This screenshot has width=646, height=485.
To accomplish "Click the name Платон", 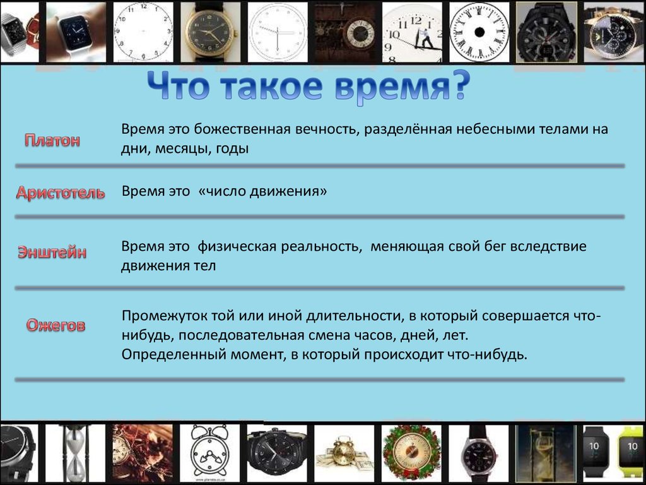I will (x=52, y=140).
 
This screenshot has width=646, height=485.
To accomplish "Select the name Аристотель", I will (x=61, y=193).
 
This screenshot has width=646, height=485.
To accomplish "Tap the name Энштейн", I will (x=52, y=253).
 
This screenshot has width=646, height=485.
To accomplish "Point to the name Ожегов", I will (x=56, y=326).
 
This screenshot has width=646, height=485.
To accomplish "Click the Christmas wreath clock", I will (x=411, y=452).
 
